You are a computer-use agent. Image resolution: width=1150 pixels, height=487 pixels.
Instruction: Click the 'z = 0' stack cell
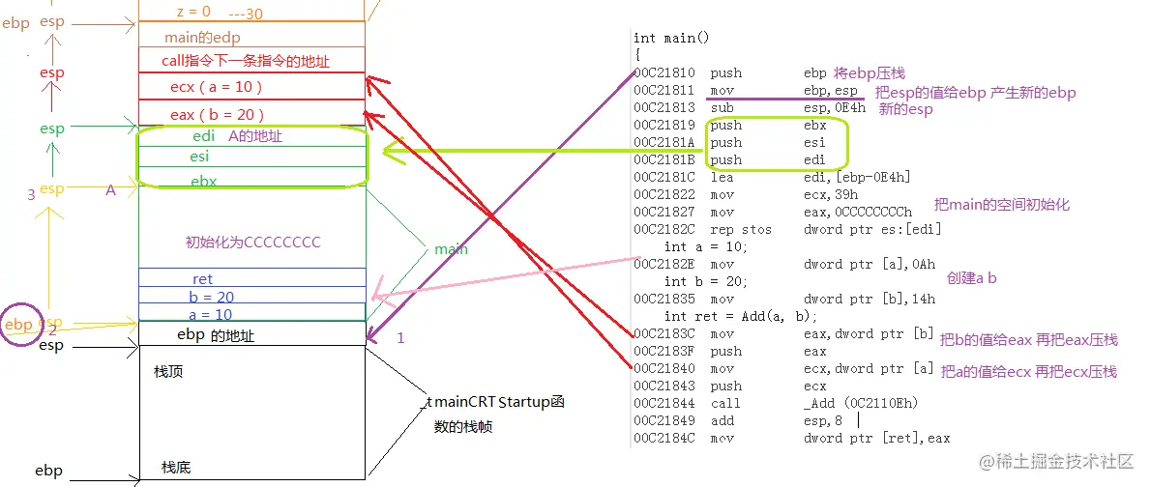coord(193,12)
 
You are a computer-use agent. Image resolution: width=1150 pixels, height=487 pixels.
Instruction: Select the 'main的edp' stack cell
coord(202,38)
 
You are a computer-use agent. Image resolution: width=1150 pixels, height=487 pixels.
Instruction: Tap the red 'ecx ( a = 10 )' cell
coord(217,87)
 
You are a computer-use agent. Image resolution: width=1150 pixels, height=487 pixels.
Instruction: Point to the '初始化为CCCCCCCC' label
coord(252,242)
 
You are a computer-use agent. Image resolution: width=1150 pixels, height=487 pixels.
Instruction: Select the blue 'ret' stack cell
coord(202,279)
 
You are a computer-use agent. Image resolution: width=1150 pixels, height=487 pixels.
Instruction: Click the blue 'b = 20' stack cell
coord(211,297)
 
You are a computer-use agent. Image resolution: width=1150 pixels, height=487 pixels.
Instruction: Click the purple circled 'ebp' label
coord(19,325)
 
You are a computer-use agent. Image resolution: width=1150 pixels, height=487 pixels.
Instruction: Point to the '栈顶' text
coord(168,372)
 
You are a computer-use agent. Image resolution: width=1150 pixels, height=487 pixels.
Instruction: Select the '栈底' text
coord(176,468)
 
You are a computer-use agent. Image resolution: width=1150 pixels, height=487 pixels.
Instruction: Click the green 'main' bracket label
coord(451,249)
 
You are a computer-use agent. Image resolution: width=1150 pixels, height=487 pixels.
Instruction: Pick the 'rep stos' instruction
coord(741,229)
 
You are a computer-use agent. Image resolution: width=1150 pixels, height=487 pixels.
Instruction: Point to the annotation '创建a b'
coord(971,277)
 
